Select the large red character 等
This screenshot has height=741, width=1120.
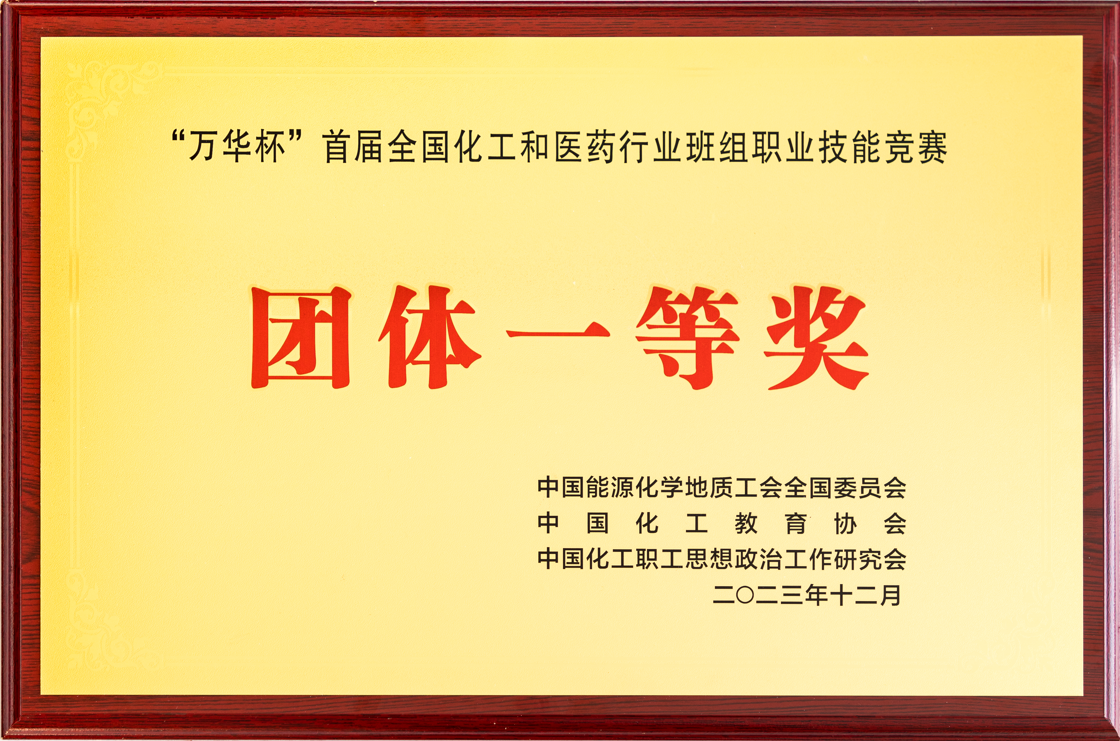(x=687, y=338)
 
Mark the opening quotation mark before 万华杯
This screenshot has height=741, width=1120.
(x=178, y=139)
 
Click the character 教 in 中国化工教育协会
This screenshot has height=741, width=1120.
(x=746, y=524)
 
